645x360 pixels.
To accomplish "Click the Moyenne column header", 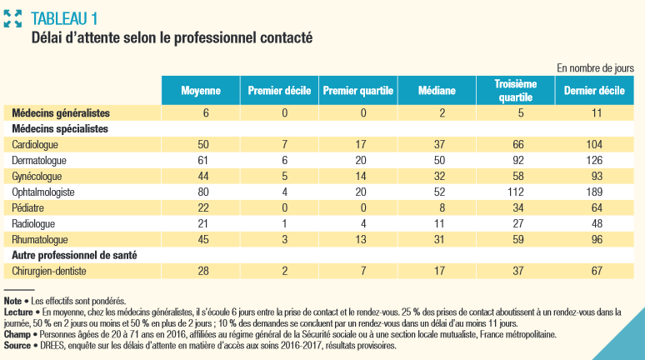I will coord(200,90).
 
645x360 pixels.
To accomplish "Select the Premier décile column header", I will coord(278,90).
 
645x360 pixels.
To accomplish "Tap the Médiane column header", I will coord(437,90).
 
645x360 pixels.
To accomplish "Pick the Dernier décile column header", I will coord(594,90).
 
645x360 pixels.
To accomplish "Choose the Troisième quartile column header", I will coord(516,90).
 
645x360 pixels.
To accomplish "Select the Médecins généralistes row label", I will coord(61,112).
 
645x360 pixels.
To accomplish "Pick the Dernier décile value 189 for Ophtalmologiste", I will coord(594,191).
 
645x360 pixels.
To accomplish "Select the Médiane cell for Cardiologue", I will coord(437,144).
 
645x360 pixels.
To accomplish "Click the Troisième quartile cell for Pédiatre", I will coord(516,207).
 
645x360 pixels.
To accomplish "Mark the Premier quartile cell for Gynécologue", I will coord(357,176).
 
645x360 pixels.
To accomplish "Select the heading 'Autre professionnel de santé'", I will coord(74,254).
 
